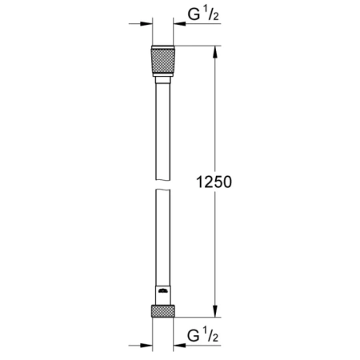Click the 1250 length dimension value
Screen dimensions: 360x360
pyautogui.click(x=209, y=182)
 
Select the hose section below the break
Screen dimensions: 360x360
pyautogui.click(x=162, y=240)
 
